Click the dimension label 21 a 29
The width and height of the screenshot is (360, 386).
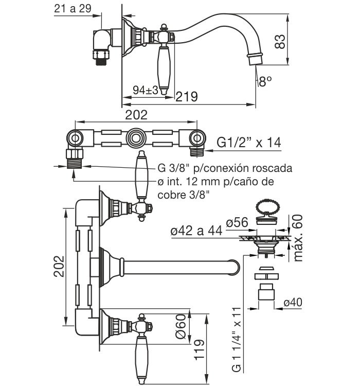73,9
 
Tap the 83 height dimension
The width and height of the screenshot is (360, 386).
280,42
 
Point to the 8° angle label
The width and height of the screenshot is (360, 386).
265,81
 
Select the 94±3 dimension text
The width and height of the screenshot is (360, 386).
146,90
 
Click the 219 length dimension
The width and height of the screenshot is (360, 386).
187,97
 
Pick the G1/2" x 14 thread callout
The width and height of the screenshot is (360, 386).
249,142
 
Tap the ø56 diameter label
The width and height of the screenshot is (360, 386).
237,222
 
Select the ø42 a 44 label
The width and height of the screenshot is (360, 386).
196,231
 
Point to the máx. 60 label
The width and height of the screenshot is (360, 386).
298,238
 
